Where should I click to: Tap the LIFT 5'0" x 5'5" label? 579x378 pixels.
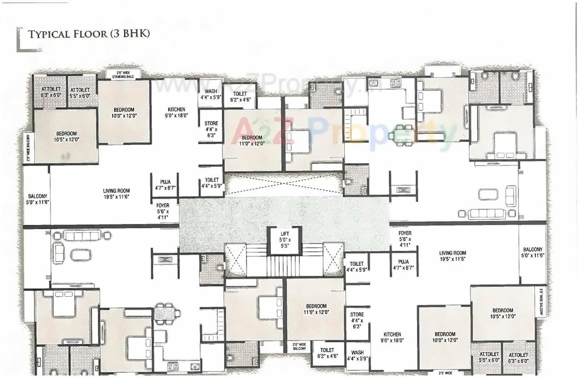click(x=285, y=239)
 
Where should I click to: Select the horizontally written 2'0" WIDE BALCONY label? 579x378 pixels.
click(x=299, y=346)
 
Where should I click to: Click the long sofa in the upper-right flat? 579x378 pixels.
click(x=486, y=214)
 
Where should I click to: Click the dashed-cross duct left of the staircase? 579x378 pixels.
click(x=235, y=259)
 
